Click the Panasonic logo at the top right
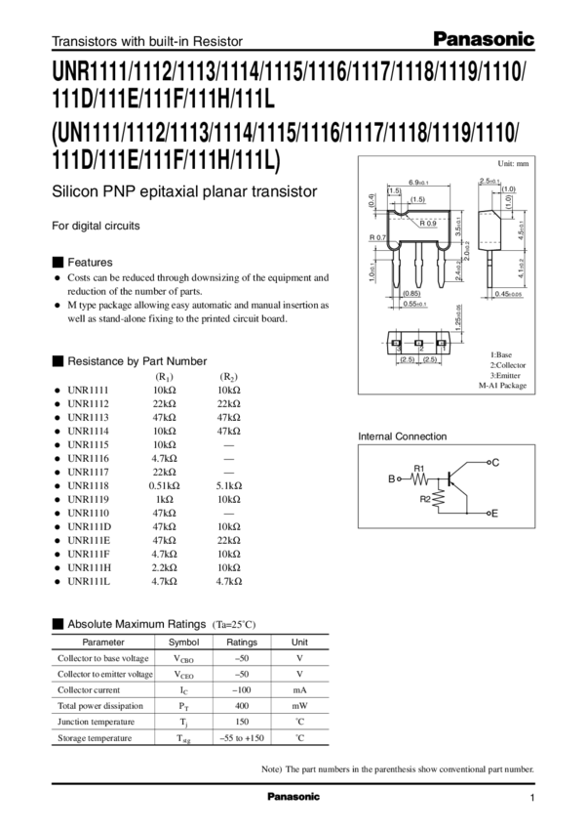point(497,39)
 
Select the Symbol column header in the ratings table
point(184,642)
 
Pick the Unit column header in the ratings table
point(300,642)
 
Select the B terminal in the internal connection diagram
point(393,479)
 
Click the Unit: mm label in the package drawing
point(515,164)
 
